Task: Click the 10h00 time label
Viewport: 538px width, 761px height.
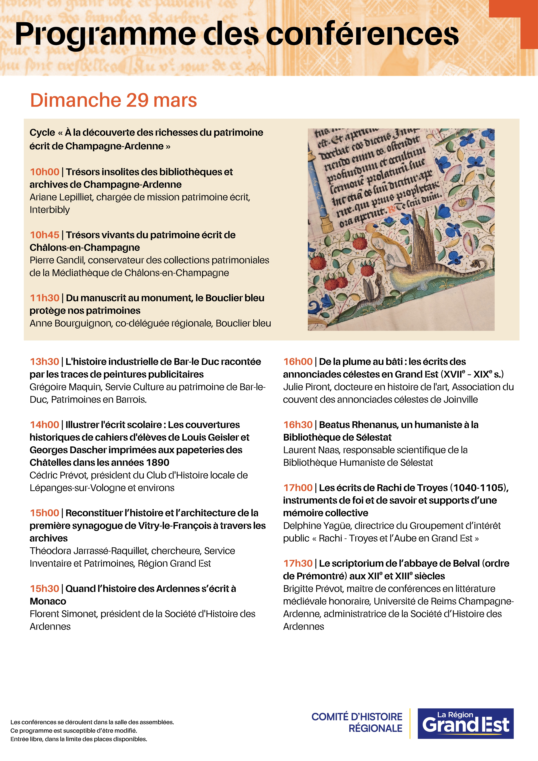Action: [44, 172]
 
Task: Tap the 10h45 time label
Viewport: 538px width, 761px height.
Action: [44, 235]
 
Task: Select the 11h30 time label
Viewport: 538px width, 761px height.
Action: [44, 298]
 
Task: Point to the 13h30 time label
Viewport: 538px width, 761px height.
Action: [44, 362]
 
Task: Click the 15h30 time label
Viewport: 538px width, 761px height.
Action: [44, 589]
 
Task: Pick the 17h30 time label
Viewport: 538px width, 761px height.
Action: [298, 563]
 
